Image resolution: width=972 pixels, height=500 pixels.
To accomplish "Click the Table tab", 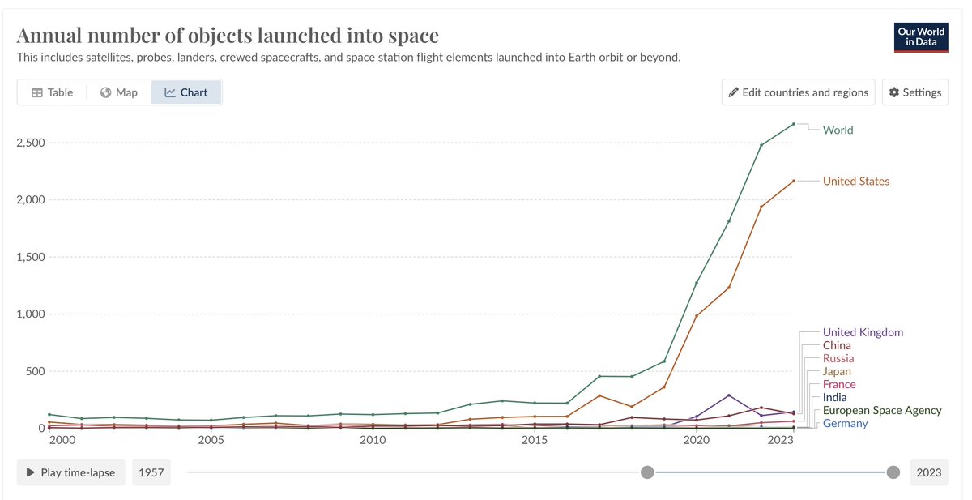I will pyautogui.click(x=52, y=92).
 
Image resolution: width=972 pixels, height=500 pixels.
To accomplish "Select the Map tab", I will pyautogui.click(x=118, y=92).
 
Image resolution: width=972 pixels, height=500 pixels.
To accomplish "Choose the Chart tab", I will pyautogui.click(x=186, y=92).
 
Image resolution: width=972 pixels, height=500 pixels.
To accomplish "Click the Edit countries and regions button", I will pyautogui.click(x=798, y=92).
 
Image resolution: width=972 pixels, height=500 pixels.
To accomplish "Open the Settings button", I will pyautogui.click(x=914, y=92).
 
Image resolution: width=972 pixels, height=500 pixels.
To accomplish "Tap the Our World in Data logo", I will pyautogui.click(x=921, y=36).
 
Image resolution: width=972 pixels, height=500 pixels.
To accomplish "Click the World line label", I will pyautogui.click(x=838, y=130).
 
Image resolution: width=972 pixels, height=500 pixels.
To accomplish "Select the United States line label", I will pyautogui.click(x=855, y=182).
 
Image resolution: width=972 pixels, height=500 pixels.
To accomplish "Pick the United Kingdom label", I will pyautogui.click(x=862, y=332).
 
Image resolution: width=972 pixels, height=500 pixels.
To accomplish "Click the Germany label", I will pyautogui.click(x=845, y=423).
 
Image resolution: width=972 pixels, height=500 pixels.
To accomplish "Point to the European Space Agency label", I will pyautogui.click(x=881, y=410).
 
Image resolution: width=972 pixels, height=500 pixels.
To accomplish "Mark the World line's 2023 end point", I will pyautogui.click(x=793, y=124).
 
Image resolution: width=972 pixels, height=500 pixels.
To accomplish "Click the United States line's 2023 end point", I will pyautogui.click(x=793, y=181).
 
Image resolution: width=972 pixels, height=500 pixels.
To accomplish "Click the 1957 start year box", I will pyautogui.click(x=151, y=472).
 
